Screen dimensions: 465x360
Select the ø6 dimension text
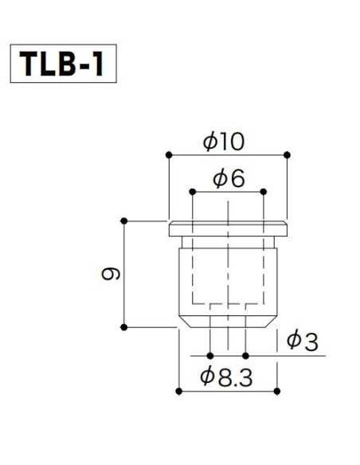(x=229, y=179)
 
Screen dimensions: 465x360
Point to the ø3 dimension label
(x=302, y=342)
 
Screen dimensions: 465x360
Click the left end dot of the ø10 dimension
(x=168, y=154)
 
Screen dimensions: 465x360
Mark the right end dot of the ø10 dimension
(x=287, y=154)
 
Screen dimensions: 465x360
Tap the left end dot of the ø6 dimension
(x=192, y=191)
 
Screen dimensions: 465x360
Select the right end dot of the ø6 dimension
(x=264, y=191)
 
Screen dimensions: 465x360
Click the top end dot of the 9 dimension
(x=123, y=220)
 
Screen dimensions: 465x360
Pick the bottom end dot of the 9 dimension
(x=123, y=326)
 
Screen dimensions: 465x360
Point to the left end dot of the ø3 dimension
(x=210, y=355)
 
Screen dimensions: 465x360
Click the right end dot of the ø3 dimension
(x=246, y=355)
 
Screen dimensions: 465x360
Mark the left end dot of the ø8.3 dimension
(x=178, y=390)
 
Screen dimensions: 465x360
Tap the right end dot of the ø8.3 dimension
(x=276, y=390)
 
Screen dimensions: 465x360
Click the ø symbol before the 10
(x=210, y=142)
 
